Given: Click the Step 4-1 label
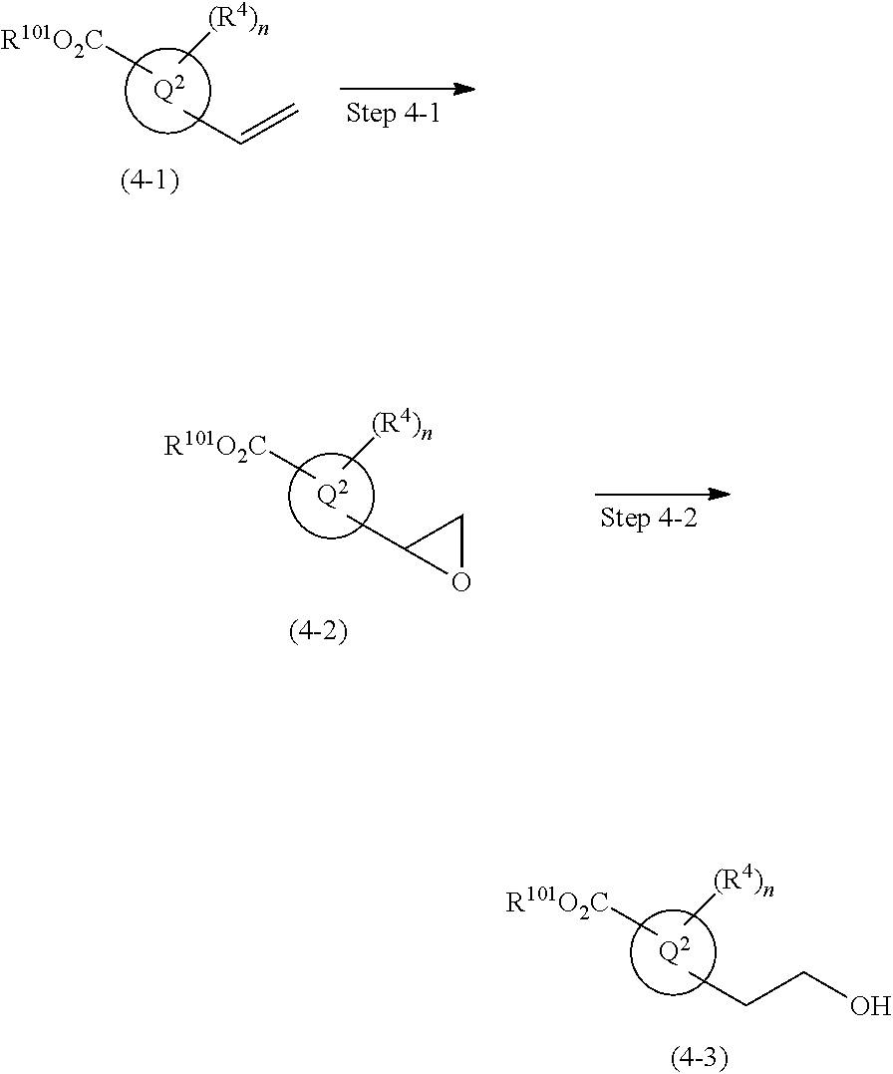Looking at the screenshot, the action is (x=392, y=113).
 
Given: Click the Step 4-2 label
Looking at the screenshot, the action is (x=648, y=519).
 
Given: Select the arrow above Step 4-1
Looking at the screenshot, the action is (x=407, y=89).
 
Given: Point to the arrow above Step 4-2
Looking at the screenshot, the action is (x=663, y=495).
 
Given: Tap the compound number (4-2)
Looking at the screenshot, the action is (x=318, y=632).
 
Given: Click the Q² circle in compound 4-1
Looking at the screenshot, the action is (x=167, y=92).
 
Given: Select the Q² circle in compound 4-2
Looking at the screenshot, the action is (x=332, y=497).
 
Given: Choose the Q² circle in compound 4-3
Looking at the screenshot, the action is (x=675, y=951).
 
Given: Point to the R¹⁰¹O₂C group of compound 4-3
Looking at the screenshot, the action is (x=558, y=903).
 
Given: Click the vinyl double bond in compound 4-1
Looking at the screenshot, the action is (x=269, y=125).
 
